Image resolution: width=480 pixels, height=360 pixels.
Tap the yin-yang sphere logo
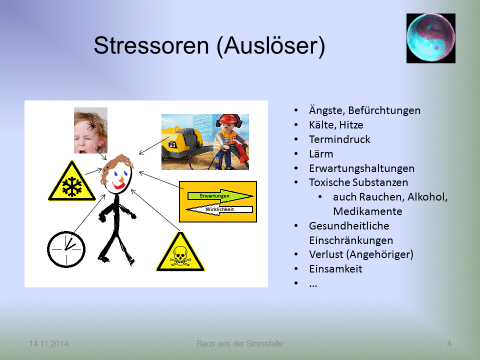(430, 38)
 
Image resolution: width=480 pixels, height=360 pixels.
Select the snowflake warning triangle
(71, 183)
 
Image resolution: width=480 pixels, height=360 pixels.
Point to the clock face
(66, 248)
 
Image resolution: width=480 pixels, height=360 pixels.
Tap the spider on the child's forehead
(92, 125)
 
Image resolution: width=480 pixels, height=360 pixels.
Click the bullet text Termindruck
(339, 139)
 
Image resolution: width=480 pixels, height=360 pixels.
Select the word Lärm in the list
(321, 153)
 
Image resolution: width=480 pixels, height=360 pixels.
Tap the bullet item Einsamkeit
(335, 269)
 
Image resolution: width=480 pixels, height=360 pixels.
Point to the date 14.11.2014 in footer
(49, 343)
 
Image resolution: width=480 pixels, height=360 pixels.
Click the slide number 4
(449, 343)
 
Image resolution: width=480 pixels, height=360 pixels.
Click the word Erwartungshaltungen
(361, 168)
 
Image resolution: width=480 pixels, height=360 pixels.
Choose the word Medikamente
(367, 211)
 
